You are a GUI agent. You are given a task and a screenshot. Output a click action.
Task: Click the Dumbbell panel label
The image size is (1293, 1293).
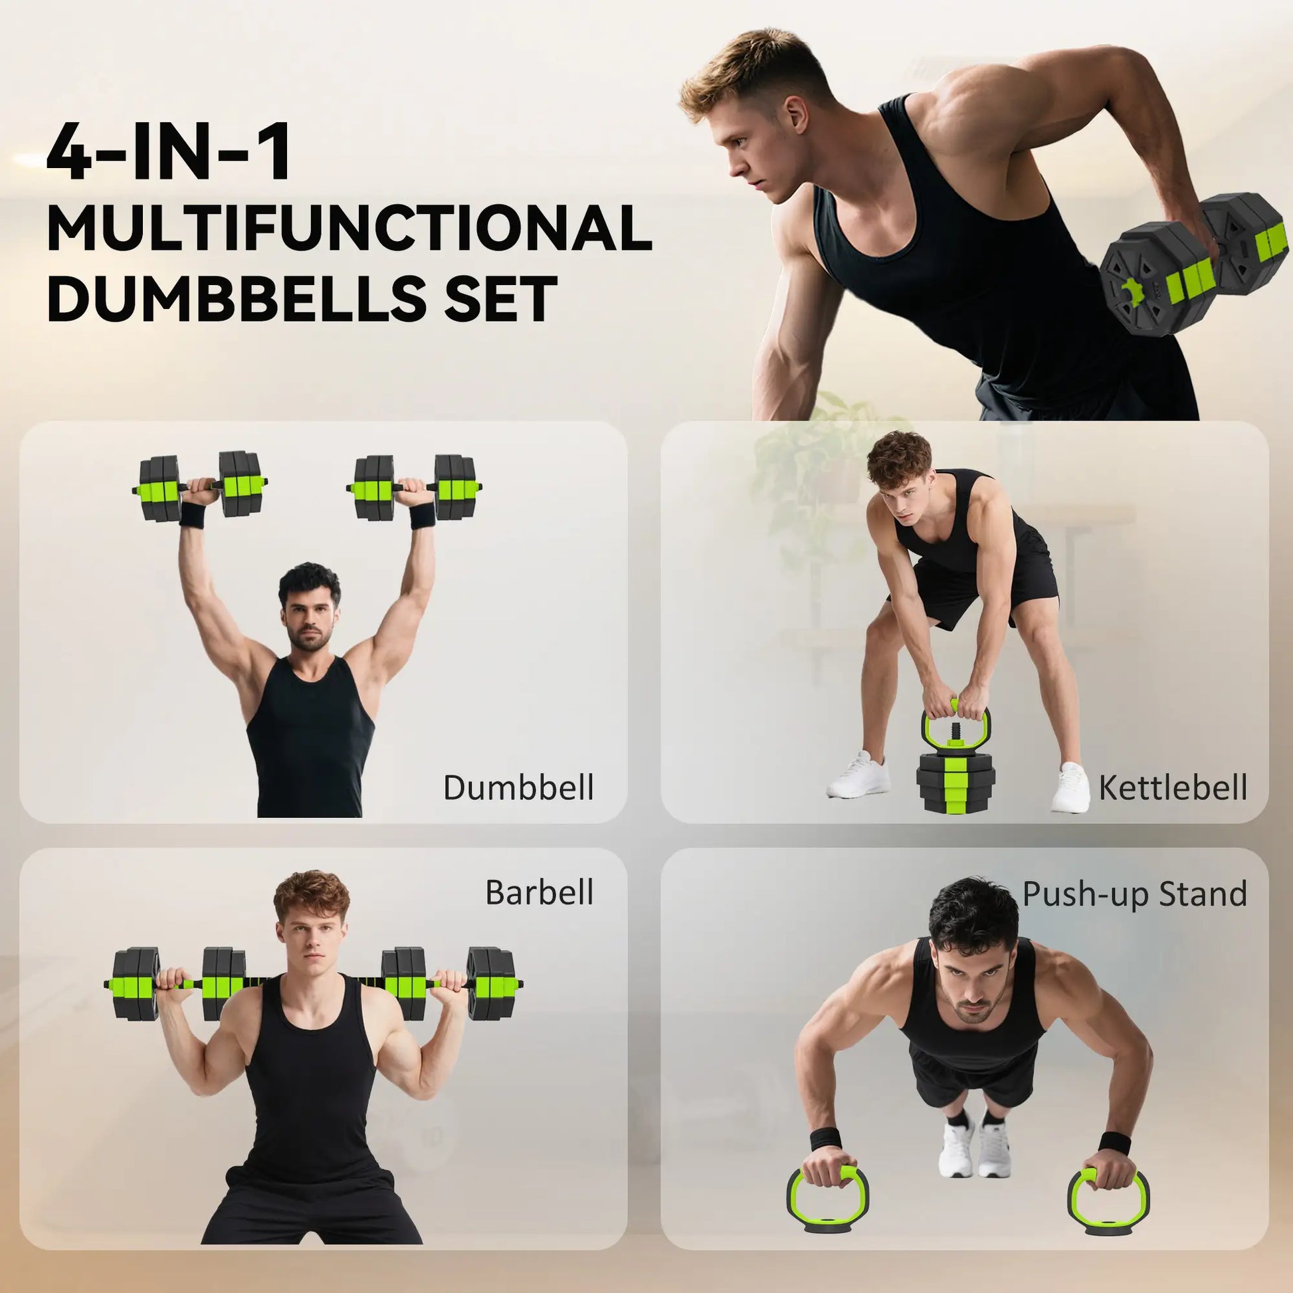tap(519, 788)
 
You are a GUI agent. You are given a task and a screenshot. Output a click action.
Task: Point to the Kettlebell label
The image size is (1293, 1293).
tap(1173, 788)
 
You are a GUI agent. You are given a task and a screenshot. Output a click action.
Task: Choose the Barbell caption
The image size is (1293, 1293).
tap(540, 892)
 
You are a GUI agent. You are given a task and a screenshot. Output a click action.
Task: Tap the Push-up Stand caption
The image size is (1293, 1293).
tap(1135, 894)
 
